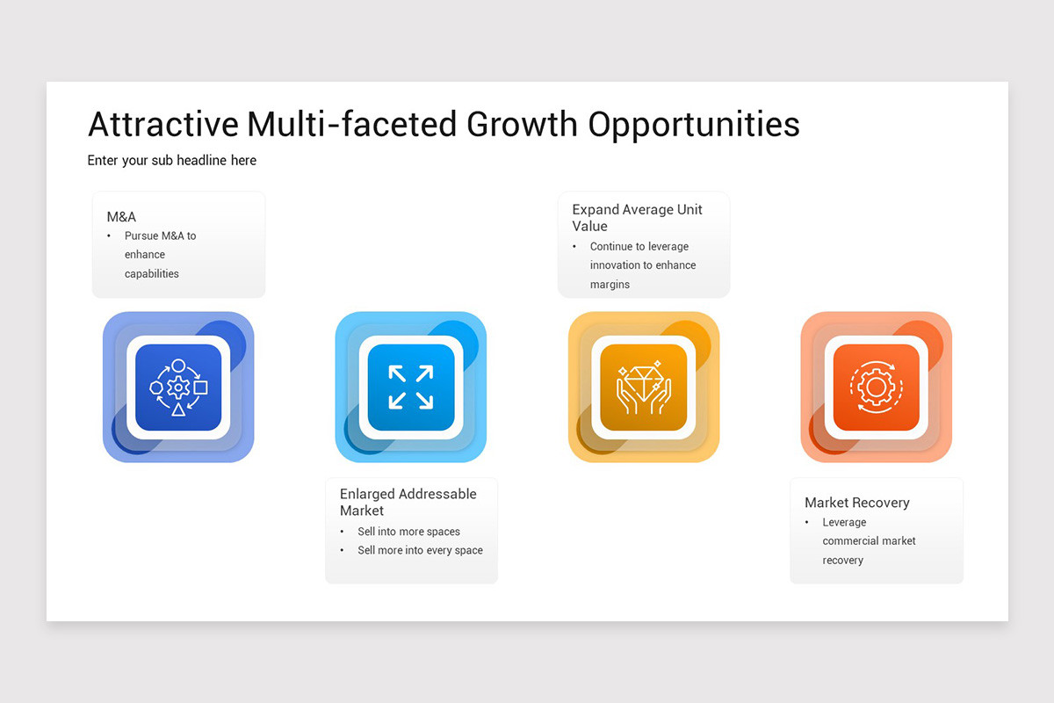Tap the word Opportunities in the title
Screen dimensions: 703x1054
coord(694,125)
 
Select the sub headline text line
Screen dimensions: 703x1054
coord(172,160)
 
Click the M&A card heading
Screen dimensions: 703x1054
coord(121,216)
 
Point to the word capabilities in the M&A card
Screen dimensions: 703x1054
coord(151,273)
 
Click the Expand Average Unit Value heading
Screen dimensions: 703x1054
coord(637,218)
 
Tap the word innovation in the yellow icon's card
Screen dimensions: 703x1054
coord(616,265)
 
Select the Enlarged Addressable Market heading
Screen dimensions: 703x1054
coord(408,502)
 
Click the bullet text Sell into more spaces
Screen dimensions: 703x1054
coord(408,532)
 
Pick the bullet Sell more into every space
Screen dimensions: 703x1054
coord(420,550)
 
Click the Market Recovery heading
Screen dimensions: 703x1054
coord(856,503)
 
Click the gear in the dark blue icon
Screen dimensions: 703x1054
coord(178,387)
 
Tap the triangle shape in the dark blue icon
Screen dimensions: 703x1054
coord(178,409)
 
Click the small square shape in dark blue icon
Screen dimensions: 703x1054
coord(201,387)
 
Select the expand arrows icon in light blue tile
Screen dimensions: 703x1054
coord(410,387)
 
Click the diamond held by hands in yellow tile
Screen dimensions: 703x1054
coord(643,380)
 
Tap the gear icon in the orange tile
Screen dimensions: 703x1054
coord(875,387)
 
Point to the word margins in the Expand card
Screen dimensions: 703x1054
coord(610,285)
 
